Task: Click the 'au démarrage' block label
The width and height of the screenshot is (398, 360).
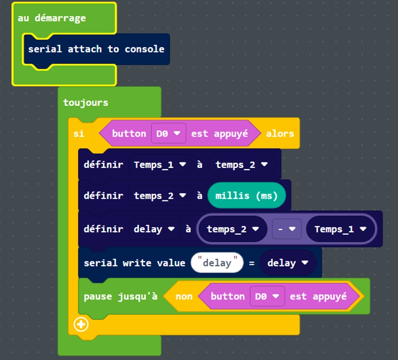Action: [x=51, y=18]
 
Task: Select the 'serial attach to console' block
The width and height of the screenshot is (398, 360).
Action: [x=96, y=49]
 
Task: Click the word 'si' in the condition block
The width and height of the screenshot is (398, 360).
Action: [x=79, y=134]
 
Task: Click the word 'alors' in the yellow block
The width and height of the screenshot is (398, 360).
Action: [x=279, y=134]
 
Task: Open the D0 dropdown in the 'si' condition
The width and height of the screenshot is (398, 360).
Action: [x=168, y=134]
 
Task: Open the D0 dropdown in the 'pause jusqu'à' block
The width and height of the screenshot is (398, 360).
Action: [x=267, y=297]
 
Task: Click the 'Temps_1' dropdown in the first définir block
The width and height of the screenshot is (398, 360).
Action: [x=159, y=164]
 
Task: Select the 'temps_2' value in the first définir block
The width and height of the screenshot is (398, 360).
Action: [x=241, y=164]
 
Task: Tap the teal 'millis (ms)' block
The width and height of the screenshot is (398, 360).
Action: [x=246, y=195]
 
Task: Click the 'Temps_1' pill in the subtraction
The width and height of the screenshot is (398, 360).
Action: [x=340, y=229]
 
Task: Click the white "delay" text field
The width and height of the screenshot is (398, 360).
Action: [x=216, y=263]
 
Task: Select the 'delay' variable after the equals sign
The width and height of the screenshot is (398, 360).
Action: [x=287, y=263]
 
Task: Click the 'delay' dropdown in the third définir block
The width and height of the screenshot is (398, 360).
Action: [x=154, y=229]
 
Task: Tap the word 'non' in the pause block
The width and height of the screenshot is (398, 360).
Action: [x=184, y=297]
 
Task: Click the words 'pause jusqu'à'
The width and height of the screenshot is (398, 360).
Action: [x=120, y=297]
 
